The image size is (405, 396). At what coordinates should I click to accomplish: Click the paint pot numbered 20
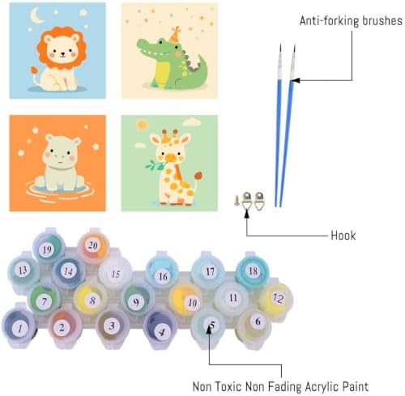click(93, 246)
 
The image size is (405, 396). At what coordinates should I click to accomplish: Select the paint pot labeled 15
click(115, 273)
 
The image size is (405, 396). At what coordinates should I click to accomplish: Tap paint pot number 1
click(19, 327)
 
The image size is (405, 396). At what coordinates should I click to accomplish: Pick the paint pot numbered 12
click(277, 298)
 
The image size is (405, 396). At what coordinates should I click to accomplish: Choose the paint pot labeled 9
click(137, 301)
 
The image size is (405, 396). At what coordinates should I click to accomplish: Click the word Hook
click(343, 236)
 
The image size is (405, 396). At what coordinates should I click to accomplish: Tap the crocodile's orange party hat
click(175, 35)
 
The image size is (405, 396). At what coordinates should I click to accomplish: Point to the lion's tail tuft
click(34, 70)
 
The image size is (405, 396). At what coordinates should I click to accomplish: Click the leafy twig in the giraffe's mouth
click(154, 165)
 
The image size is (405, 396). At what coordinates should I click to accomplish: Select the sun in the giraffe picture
click(142, 124)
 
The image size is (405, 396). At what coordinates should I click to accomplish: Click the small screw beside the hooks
click(237, 200)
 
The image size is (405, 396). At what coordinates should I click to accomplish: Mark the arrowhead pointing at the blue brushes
click(295, 80)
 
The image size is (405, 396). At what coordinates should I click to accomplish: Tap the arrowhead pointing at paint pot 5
click(209, 330)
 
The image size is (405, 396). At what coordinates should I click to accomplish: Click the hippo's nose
click(61, 156)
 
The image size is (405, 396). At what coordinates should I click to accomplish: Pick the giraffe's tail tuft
click(198, 176)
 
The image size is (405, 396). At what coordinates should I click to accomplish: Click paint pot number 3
click(111, 326)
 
